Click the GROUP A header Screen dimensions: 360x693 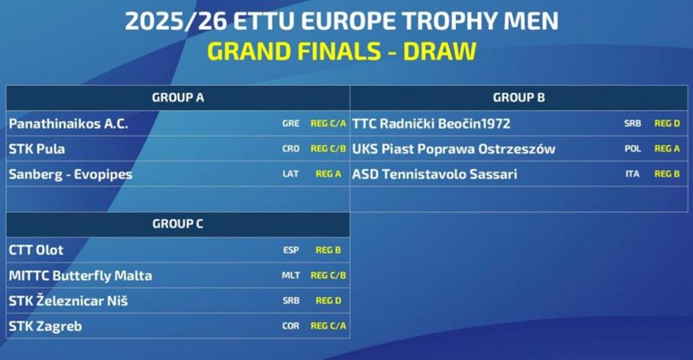[x=178, y=98]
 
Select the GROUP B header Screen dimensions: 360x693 [x=519, y=98]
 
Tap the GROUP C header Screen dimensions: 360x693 [x=178, y=224]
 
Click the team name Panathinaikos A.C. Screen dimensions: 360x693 [x=69, y=124]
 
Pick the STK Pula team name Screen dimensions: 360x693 [x=37, y=149]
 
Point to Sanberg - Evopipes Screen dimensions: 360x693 [x=71, y=174]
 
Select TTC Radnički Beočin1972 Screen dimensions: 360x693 [x=432, y=124]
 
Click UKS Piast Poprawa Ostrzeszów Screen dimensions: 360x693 [x=454, y=149]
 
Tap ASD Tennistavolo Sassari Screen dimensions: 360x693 [x=435, y=174]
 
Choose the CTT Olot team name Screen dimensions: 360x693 [x=36, y=250]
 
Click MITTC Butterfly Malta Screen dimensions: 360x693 [x=80, y=276]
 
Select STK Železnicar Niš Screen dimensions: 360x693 [x=69, y=301]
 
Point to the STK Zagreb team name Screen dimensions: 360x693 [x=46, y=326]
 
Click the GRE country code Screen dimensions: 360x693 [x=291, y=124]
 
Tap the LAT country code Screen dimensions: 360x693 [x=291, y=174]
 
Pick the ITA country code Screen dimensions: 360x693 [x=632, y=174]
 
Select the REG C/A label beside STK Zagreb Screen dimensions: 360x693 [x=328, y=326]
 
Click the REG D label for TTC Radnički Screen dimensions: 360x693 [x=667, y=124]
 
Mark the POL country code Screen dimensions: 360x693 [x=632, y=149]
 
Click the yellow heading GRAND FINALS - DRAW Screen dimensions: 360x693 [x=341, y=51]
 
